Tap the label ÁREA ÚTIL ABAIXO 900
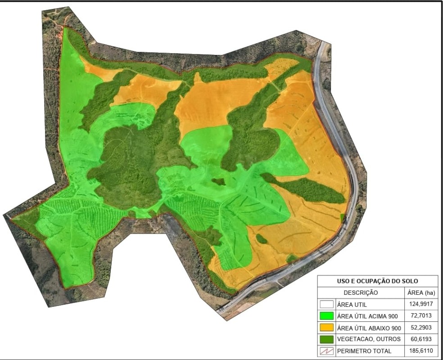(x=368, y=328)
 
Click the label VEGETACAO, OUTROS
(x=368, y=339)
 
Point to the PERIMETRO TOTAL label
(x=364, y=351)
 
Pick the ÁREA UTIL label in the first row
(x=352, y=304)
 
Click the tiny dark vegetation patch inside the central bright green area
(x=218, y=182)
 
